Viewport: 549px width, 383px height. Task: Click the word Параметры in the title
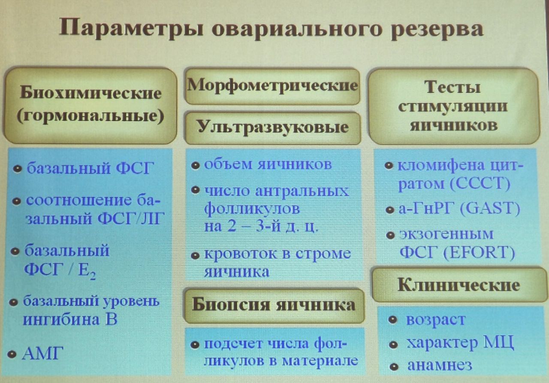[131, 29]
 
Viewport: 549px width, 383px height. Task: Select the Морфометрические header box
[272, 86]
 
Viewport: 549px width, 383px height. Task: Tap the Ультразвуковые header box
[273, 128]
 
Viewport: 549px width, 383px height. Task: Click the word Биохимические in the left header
[90, 93]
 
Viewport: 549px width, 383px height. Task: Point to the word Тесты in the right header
[452, 87]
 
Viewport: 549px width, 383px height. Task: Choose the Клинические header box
[459, 285]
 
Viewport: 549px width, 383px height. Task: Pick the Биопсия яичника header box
[274, 305]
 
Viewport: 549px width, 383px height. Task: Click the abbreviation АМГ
[42, 353]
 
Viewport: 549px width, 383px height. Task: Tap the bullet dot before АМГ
[12, 355]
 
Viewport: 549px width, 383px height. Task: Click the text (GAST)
[490, 209]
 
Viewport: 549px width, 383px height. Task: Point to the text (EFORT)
[480, 252]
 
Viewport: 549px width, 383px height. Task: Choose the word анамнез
[440, 365]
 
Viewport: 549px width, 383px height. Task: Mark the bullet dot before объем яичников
[195, 165]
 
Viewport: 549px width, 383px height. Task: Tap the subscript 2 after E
[92, 277]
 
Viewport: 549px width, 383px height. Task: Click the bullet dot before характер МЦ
[393, 345]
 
